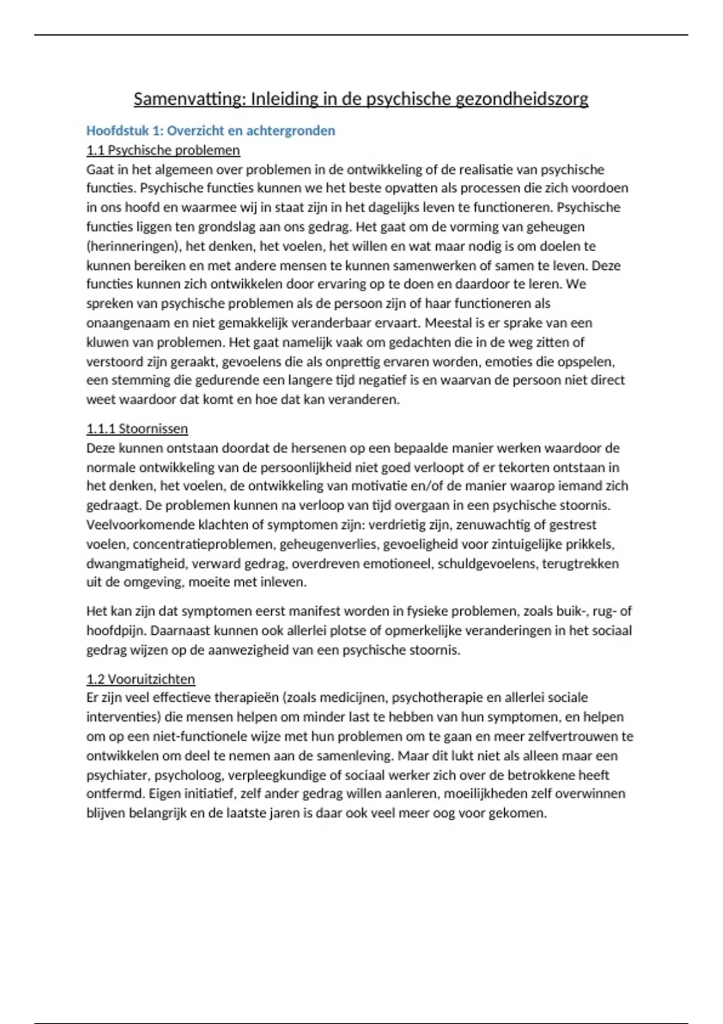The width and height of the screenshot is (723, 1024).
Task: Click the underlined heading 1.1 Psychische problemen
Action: [x=163, y=150]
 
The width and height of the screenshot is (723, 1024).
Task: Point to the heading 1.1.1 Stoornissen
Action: [x=137, y=429]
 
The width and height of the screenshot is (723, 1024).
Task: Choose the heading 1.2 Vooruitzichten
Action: [x=140, y=679]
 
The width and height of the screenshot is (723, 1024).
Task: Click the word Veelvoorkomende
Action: [x=140, y=525]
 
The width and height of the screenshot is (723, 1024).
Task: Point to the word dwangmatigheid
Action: [x=136, y=564]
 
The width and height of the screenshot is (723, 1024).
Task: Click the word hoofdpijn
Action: [x=116, y=631]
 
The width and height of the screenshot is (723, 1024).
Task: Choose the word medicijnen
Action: [x=352, y=698]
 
